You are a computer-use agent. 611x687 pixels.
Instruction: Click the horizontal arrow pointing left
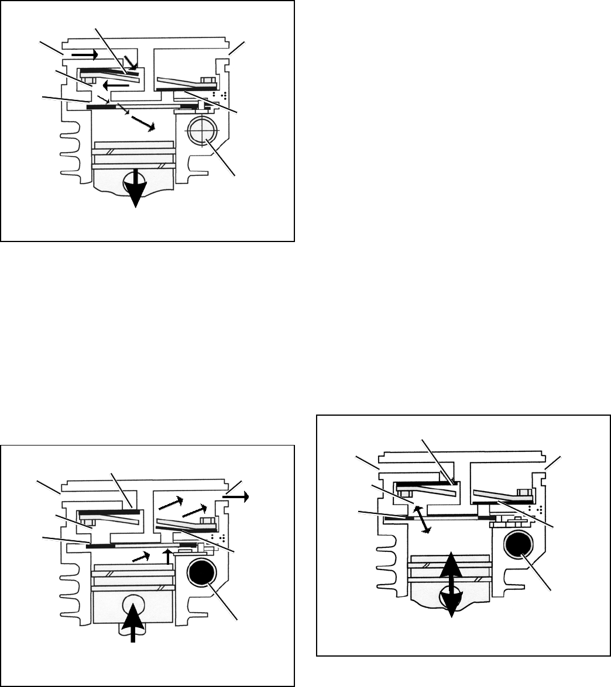point(117,85)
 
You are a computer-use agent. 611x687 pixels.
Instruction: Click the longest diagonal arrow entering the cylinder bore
point(142,123)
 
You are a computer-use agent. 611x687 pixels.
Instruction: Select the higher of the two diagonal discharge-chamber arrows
point(173,502)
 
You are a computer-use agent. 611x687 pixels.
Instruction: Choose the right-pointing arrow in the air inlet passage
point(84,54)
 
